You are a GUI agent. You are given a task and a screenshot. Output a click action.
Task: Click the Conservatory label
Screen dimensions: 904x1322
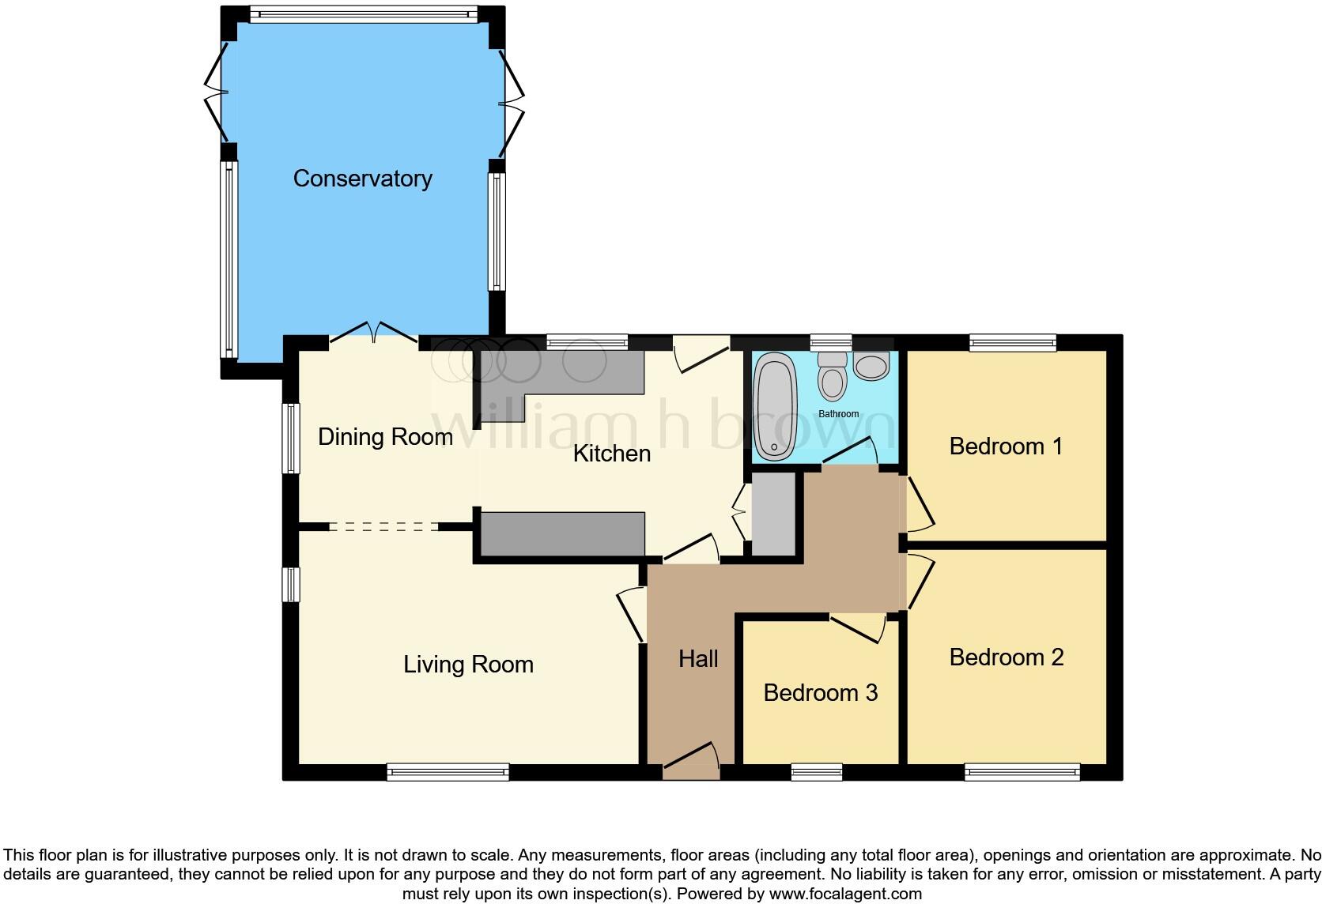tap(362, 179)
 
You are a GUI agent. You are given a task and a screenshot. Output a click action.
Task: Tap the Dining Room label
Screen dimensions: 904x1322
tap(385, 437)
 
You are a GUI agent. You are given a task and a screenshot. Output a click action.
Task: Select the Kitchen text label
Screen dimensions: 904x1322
tap(611, 454)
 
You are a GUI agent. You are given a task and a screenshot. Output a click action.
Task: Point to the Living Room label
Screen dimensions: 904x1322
tap(468, 665)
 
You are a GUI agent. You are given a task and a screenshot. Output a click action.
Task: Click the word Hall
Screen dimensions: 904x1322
tap(698, 659)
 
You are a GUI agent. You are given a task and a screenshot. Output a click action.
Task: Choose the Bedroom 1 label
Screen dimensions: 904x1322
tap(1006, 446)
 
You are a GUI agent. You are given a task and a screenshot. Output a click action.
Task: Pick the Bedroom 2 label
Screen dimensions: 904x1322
tap(1006, 657)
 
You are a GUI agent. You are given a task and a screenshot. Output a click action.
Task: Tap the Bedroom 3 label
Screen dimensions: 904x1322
tap(820, 693)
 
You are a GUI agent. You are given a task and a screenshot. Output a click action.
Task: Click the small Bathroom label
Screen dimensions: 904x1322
tap(838, 414)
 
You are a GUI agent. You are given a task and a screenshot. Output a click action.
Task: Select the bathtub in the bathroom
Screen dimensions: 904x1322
tap(775, 407)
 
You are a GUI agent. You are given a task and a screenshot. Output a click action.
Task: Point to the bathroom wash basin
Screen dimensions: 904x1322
tap(871, 366)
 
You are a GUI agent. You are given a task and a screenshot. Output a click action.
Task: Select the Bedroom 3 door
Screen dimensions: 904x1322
tap(858, 627)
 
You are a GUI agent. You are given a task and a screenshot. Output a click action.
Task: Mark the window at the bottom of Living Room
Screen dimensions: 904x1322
tap(448, 772)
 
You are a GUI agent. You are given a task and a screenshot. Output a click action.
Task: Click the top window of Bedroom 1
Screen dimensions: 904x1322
tap(1013, 343)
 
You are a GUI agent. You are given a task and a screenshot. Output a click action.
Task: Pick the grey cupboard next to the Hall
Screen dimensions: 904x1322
tap(772, 514)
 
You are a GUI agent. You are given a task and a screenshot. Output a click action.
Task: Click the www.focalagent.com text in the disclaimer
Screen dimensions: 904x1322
tap(845, 894)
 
